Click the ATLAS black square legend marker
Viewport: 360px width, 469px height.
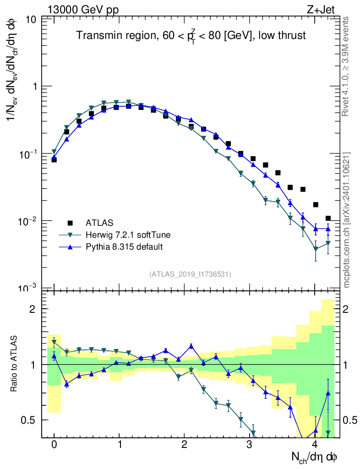pos(70,223)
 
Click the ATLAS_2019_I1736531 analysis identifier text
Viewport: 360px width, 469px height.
pos(190,274)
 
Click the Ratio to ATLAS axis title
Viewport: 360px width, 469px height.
pos(14,365)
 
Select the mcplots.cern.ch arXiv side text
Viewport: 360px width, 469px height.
pos(347,220)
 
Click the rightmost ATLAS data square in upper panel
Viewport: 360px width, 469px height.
pos(328,218)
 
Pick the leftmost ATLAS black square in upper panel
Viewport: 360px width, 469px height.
pos(54,160)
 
